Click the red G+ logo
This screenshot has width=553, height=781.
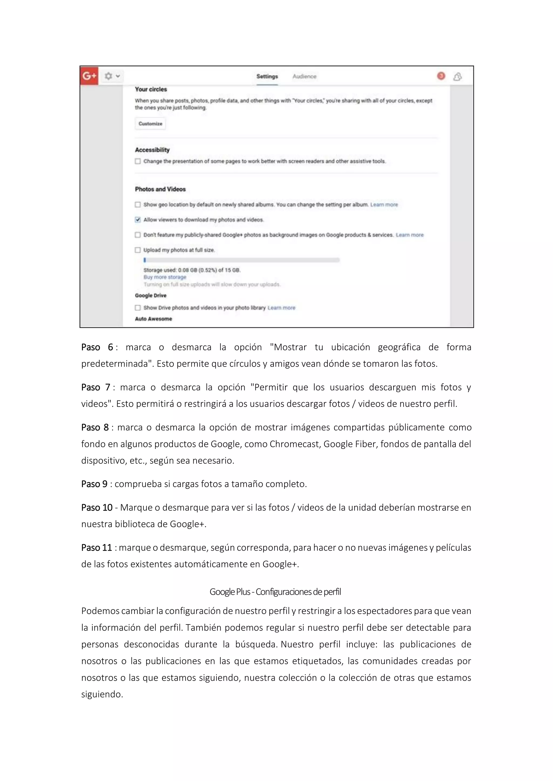(x=89, y=76)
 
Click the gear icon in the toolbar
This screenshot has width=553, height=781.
(x=108, y=76)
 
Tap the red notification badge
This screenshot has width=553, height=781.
(x=441, y=76)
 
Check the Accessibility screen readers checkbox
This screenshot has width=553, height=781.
(x=137, y=161)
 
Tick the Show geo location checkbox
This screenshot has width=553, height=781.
(x=137, y=204)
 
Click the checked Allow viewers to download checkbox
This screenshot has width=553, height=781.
(x=137, y=220)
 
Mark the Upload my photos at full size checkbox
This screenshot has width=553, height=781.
(x=137, y=250)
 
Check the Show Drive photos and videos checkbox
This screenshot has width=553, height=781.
(x=137, y=308)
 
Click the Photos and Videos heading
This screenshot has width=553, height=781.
(x=160, y=189)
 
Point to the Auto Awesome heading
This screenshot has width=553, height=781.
(x=153, y=319)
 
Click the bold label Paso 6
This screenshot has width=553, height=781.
(x=97, y=347)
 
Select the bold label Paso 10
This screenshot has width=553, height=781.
(x=97, y=507)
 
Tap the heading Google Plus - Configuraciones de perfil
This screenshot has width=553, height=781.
(x=275, y=592)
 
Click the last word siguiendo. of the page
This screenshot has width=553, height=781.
(x=102, y=694)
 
